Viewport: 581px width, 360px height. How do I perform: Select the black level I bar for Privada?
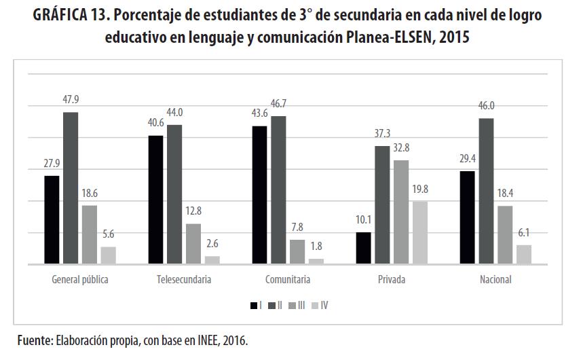(x=363, y=248)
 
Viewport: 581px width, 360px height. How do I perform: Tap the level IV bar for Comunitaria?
(x=316, y=261)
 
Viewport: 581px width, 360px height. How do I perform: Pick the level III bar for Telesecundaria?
(x=193, y=243)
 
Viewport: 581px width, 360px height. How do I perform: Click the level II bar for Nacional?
(x=485, y=191)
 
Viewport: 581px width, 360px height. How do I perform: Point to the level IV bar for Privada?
(x=419, y=232)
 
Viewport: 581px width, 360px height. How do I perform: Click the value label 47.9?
(x=71, y=99)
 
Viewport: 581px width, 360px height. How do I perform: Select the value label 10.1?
(x=363, y=220)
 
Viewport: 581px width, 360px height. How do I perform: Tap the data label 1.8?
(x=316, y=246)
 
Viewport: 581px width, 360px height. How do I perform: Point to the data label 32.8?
(x=401, y=147)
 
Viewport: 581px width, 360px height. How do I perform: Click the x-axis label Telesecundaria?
(x=183, y=279)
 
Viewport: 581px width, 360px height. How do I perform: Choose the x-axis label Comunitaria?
(x=288, y=279)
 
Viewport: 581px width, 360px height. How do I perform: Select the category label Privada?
(x=392, y=279)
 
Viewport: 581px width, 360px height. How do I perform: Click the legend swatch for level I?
(x=253, y=306)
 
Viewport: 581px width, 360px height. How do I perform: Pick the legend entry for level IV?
(x=320, y=306)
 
